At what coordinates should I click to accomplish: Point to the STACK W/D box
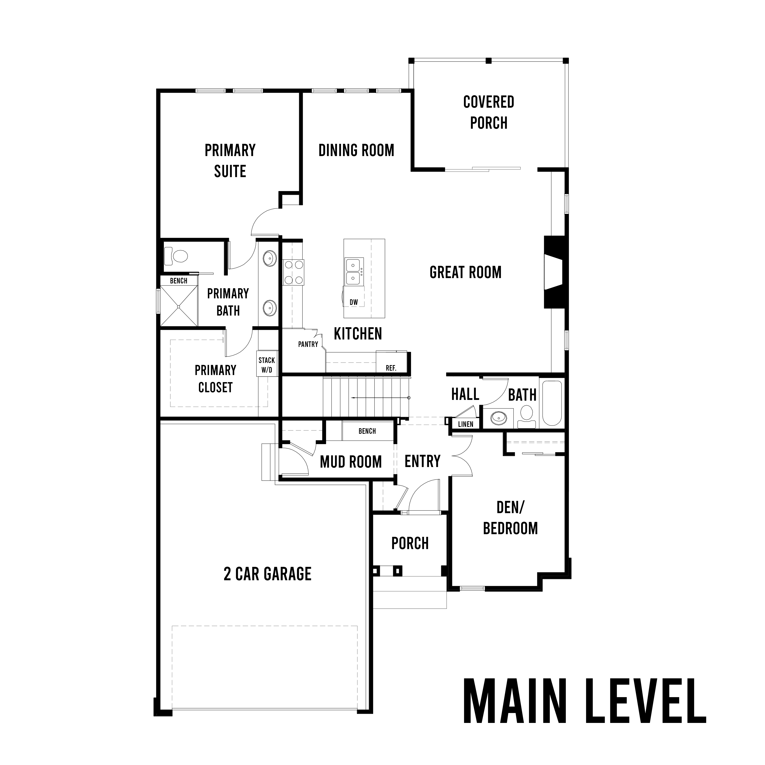[x=266, y=364]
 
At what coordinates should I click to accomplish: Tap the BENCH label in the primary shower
[x=179, y=281]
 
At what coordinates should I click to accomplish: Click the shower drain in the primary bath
[x=179, y=306]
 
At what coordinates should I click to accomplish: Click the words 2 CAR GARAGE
[x=268, y=574]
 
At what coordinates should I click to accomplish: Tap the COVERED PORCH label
[x=489, y=112]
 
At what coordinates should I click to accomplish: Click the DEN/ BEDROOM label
[x=510, y=518]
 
